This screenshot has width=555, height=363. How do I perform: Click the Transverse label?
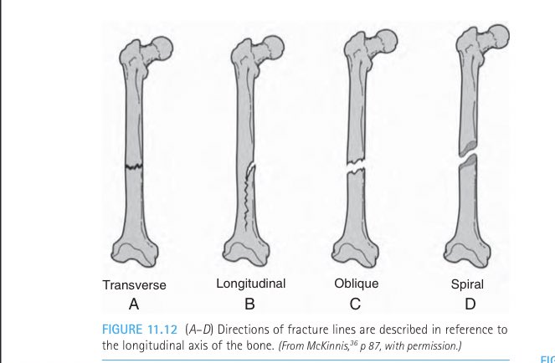point(134,285)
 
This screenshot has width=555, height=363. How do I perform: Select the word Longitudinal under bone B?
point(251,284)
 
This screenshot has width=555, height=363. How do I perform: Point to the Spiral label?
point(467,284)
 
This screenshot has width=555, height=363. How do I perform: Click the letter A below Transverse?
point(133,304)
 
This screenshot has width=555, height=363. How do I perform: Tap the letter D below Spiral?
point(466,304)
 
